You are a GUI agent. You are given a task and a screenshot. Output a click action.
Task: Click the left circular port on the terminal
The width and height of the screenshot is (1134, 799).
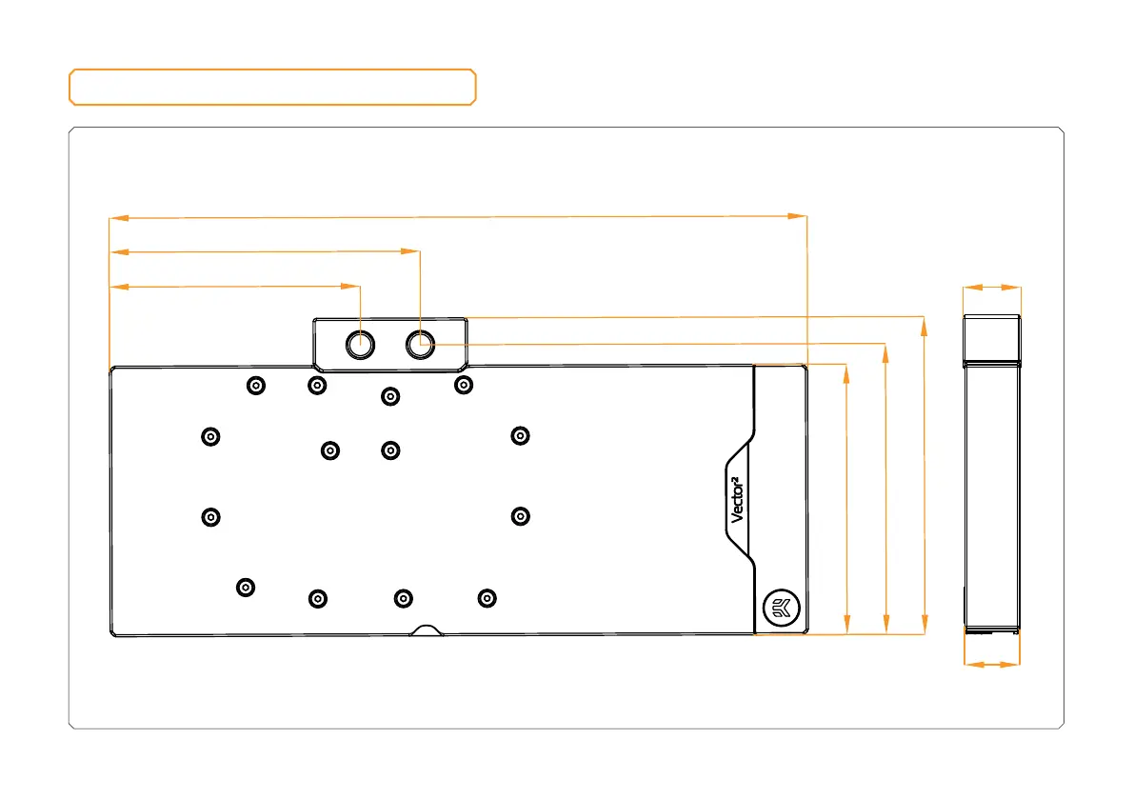pos(359,344)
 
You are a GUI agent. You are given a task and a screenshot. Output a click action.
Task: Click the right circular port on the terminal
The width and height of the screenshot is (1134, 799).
pos(420,344)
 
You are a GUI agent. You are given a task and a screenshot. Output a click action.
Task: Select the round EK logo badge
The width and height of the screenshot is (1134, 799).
pos(781,607)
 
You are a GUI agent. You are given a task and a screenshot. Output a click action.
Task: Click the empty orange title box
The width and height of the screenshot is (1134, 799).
pos(272,87)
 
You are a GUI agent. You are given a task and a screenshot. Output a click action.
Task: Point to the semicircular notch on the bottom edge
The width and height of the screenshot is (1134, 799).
pos(426,630)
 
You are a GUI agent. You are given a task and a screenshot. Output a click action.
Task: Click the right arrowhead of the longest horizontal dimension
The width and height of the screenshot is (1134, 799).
pos(798,217)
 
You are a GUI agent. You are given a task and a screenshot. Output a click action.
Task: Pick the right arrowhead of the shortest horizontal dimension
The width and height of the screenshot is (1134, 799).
pos(351,285)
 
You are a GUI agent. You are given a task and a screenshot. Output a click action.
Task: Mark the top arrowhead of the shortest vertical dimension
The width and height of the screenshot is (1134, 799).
pos(846,373)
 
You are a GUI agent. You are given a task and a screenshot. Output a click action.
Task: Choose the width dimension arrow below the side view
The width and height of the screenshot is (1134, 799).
pos(991,664)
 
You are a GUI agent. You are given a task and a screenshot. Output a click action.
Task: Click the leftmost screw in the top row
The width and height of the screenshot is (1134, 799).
pos(255,385)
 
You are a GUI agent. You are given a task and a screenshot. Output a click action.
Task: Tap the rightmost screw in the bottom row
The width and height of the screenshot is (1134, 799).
pos(487,598)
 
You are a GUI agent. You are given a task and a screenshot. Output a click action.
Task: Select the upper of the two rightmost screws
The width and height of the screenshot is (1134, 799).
pos(520,435)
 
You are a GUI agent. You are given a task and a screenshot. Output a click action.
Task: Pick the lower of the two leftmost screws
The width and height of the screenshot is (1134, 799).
pos(211,516)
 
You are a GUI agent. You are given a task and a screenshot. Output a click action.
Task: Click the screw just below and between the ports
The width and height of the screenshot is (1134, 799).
pos(388,395)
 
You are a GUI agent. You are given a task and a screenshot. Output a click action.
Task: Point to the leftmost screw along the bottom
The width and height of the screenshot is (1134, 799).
pos(246,587)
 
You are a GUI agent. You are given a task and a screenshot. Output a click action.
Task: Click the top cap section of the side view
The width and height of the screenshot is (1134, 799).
pos(991,339)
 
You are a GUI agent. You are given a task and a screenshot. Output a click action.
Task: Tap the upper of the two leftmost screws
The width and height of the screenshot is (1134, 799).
pos(211,435)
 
